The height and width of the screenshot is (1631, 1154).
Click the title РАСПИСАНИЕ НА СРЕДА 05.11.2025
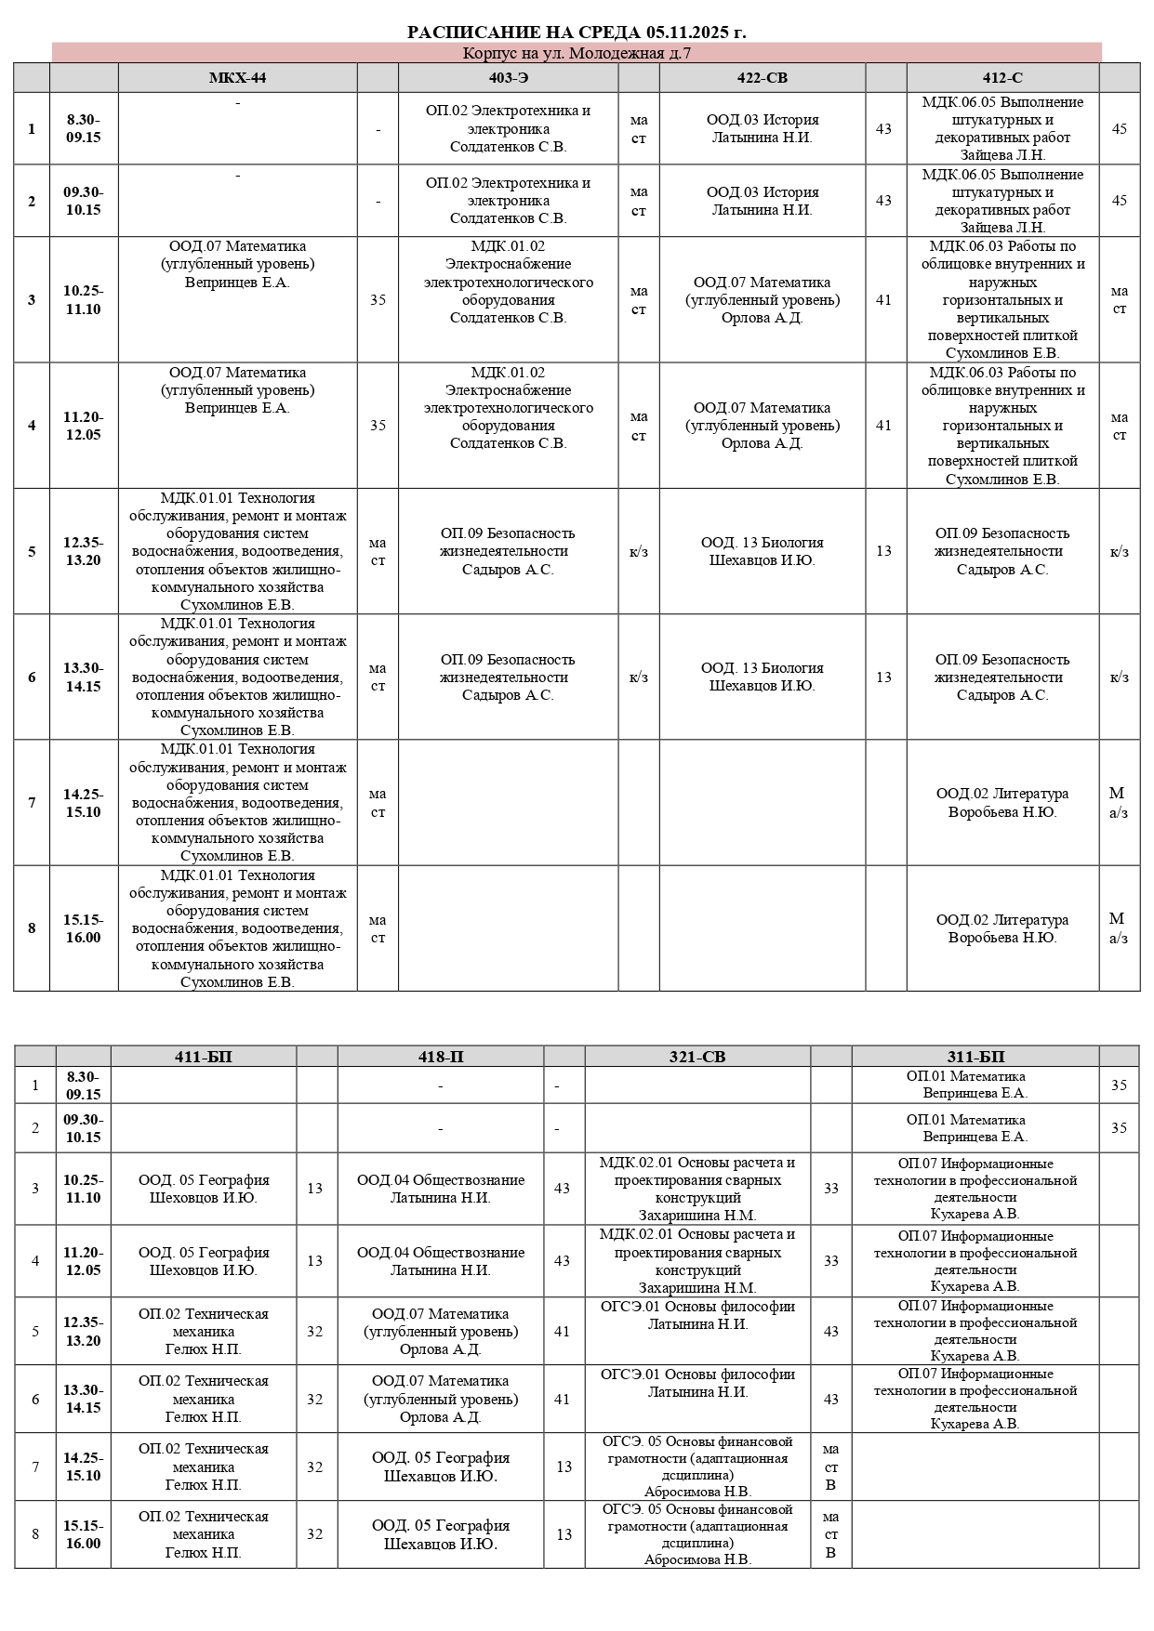pyautogui.click(x=577, y=33)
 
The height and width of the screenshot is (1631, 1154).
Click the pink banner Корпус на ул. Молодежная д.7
pyautogui.click(x=577, y=53)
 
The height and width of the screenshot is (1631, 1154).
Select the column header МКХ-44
pyautogui.click(x=237, y=78)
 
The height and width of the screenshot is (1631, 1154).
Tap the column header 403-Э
pyautogui.click(x=508, y=78)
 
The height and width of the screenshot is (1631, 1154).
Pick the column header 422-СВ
pyautogui.click(x=762, y=78)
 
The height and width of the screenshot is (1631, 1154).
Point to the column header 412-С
pyautogui.click(x=1002, y=78)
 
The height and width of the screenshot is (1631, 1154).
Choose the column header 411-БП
pyautogui.click(x=204, y=1057)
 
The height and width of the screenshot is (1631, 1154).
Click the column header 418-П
pyautogui.click(x=441, y=1057)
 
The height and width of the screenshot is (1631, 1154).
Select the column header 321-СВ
pyautogui.click(x=697, y=1057)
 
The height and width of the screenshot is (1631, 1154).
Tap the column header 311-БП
pyautogui.click(x=975, y=1057)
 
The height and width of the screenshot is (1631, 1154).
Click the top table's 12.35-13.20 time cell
pyautogui.click(x=84, y=551)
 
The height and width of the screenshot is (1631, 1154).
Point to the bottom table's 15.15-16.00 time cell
pyautogui.click(x=84, y=1534)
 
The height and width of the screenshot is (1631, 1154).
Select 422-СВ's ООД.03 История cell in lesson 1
pyautogui.click(x=762, y=129)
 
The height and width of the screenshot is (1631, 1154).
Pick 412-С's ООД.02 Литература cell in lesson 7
pyautogui.click(x=1002, y=803)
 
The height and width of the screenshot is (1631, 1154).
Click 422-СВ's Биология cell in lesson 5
pyautogui.click(x=762, y=551)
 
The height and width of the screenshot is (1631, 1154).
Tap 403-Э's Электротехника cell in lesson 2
pyautogui.click(x=508, y=201)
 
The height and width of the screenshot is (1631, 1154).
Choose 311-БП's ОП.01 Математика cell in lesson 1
pyautogui.click(x=975, y=1085)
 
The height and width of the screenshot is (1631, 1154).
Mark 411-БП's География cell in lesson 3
pyautogui.click(x=204, y=1189)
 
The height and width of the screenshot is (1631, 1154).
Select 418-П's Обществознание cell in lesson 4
pyautogui.click(x=441, y=1261)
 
